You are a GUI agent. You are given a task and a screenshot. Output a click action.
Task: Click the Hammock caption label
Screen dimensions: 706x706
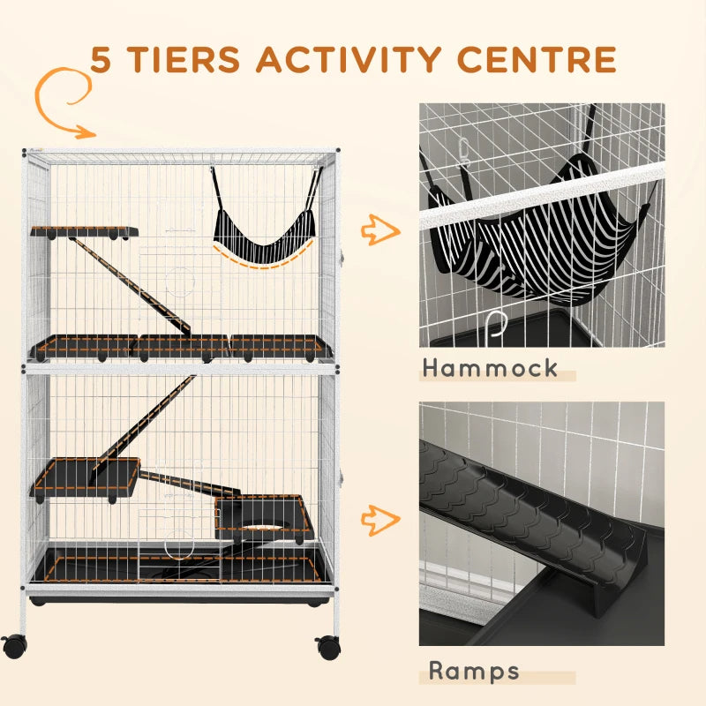pos(489,368)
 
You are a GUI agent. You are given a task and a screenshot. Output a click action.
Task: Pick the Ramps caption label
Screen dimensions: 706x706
pos(474,670)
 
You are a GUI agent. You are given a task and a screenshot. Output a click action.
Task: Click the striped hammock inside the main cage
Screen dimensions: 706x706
pos(262,234)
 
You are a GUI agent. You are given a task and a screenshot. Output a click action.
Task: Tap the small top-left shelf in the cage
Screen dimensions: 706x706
pos(84,232)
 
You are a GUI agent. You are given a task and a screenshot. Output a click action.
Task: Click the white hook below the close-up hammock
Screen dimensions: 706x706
pos(499,327)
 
